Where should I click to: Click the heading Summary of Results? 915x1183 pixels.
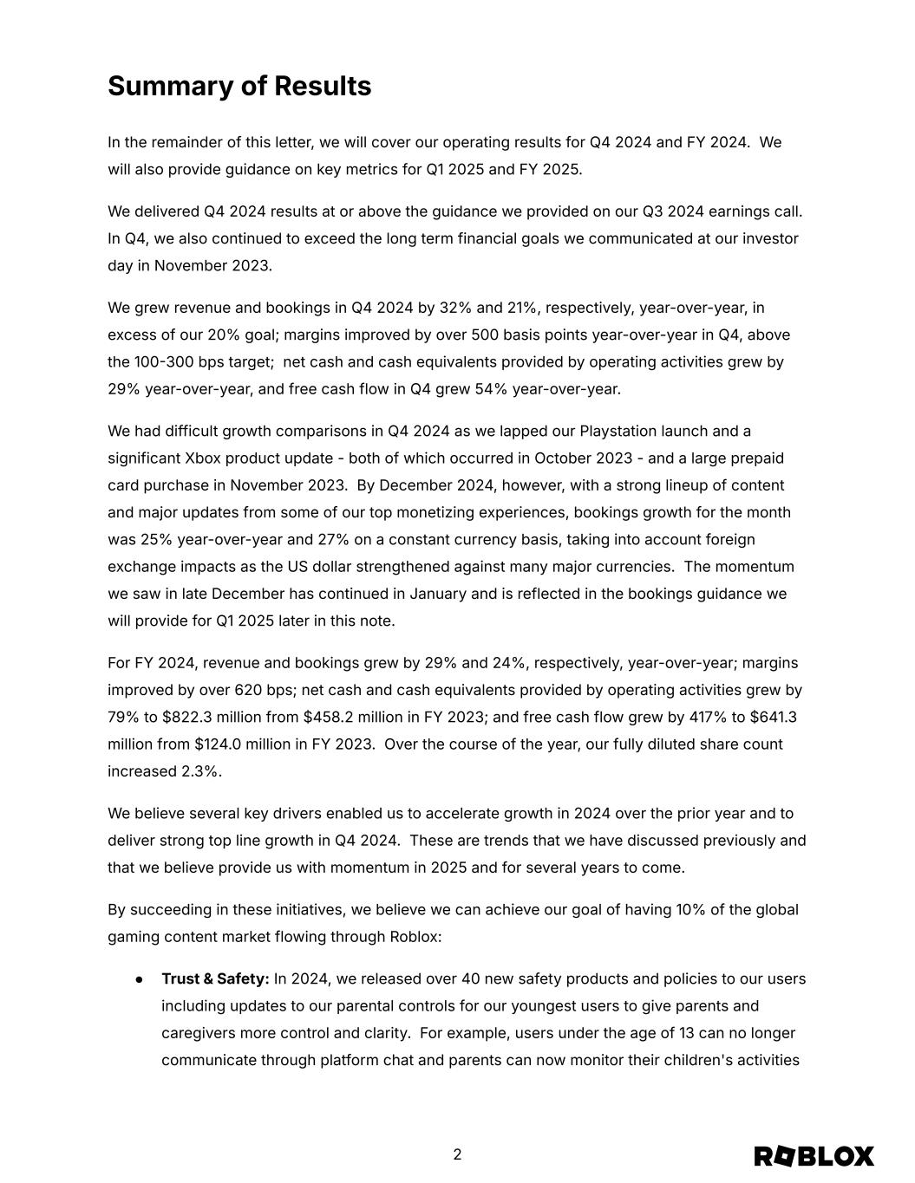239,87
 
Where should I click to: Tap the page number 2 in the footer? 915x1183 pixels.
457,1154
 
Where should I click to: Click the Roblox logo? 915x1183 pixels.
814,1156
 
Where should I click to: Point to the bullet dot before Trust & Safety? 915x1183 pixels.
139,979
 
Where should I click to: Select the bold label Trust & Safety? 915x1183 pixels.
215,978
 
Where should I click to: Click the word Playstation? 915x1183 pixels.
619,432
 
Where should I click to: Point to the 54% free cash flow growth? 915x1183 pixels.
491,389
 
